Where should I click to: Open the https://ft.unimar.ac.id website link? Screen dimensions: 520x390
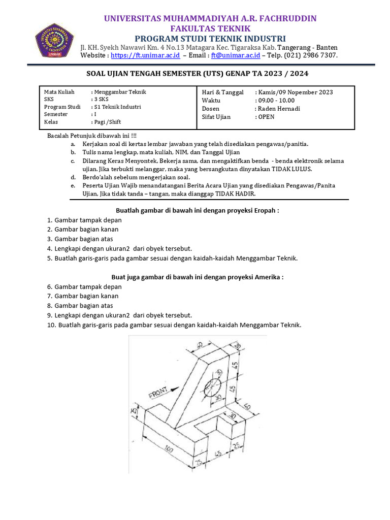[143, 55]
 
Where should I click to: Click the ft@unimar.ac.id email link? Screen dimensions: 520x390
[236, 55]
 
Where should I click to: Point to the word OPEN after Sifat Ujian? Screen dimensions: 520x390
[266, 117]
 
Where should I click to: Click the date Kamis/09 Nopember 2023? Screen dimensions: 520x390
[296, 92]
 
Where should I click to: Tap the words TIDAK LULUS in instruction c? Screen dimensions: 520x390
[291, 169]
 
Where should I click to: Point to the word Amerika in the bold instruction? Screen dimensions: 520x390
[267, 277]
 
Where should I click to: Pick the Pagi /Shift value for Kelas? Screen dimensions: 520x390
[107, 122]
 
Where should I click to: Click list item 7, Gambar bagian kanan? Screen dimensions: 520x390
[86, 296]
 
